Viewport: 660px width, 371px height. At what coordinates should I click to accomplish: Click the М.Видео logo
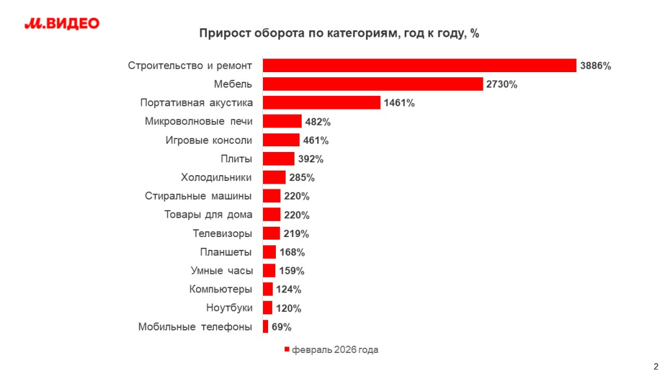(62, 24)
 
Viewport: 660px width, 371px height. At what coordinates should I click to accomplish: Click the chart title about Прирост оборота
(338, 33)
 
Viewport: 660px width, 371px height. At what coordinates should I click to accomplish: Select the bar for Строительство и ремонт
(419, 65)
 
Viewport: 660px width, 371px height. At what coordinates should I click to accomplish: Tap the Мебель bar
(373, 84)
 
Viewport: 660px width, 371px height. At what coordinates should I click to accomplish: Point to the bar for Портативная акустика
(322, 102)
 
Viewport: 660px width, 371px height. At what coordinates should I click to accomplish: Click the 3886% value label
(596, 66)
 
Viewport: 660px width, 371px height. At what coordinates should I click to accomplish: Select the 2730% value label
(502, 84)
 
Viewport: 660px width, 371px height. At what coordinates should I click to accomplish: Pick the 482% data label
(318, 122)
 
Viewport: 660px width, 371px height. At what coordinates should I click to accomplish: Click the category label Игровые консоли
(208, 140)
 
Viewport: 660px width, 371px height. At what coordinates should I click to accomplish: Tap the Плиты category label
(236, 158)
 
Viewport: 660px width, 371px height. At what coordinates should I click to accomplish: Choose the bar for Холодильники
(274, 177)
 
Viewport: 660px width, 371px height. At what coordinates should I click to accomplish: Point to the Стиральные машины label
(199, 196)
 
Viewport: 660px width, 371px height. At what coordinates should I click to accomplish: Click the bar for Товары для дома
(271, 214)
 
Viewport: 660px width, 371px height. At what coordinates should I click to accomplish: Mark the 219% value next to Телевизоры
(296, 233)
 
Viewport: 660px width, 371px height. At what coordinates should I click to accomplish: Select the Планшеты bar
(269, 252)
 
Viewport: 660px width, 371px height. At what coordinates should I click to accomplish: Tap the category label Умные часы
(222, 271)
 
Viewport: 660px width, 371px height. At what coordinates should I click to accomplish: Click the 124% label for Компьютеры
(289, 289)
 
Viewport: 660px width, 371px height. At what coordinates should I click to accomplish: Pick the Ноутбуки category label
(229, 308)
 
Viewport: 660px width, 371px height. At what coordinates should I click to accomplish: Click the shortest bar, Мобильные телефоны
(266, 327)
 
